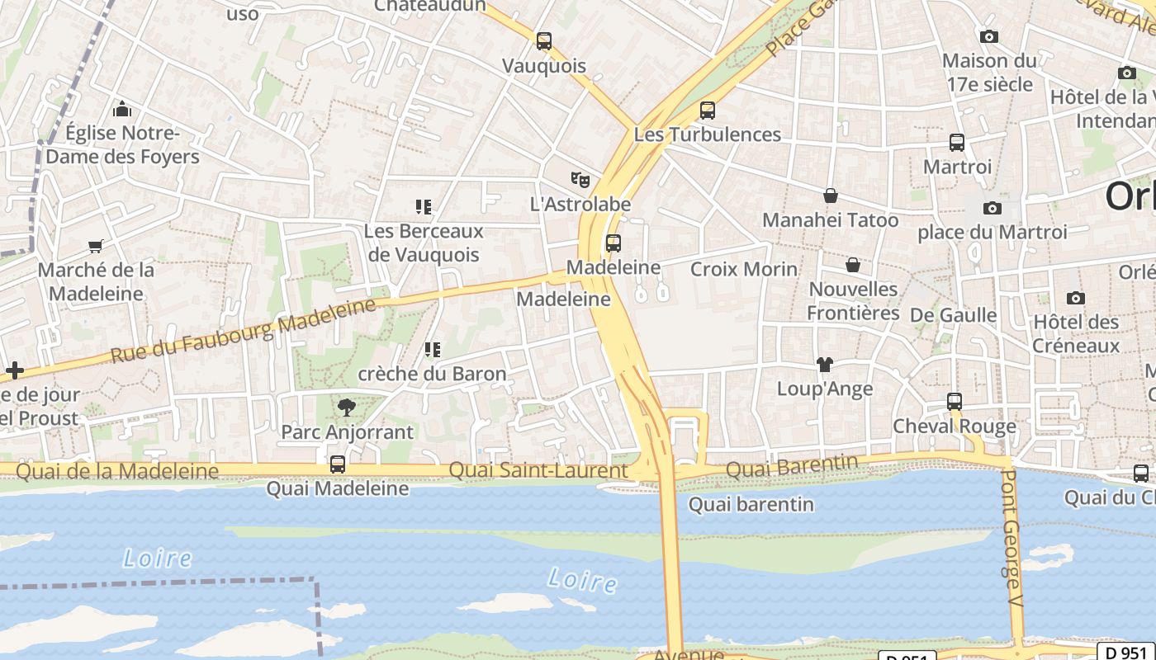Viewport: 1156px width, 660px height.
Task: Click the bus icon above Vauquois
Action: [543, 40]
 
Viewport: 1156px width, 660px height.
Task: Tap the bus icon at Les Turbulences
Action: [707, 110]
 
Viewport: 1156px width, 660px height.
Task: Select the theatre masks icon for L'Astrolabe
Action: [580, 178]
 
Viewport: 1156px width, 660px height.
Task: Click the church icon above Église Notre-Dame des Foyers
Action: [122, 108]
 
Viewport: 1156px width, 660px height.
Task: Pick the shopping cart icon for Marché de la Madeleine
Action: [96, 246]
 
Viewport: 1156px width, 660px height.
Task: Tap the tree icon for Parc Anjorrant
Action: [347, 407]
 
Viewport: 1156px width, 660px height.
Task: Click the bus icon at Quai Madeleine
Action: [337, 464]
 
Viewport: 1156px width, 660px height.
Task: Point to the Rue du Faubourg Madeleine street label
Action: [243, 331]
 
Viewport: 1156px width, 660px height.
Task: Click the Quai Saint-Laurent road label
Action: [538, 470]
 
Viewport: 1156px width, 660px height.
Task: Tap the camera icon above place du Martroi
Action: [993, 208]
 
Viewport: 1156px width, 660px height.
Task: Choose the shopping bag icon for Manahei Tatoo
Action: [831, 196]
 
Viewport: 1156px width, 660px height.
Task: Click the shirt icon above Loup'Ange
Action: [824, 364]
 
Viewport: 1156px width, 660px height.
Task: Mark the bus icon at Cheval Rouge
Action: [955, 402]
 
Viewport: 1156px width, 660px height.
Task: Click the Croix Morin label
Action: [744, 269]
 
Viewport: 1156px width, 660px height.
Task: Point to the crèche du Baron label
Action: [432, 374]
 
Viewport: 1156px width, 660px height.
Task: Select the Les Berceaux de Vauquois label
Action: [424, 243]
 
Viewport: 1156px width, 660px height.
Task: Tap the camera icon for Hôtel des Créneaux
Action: [1075, 298]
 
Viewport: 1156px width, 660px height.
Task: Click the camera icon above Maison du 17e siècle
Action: [988, 36]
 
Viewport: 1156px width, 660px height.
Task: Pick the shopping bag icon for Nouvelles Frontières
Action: [853, 265]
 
